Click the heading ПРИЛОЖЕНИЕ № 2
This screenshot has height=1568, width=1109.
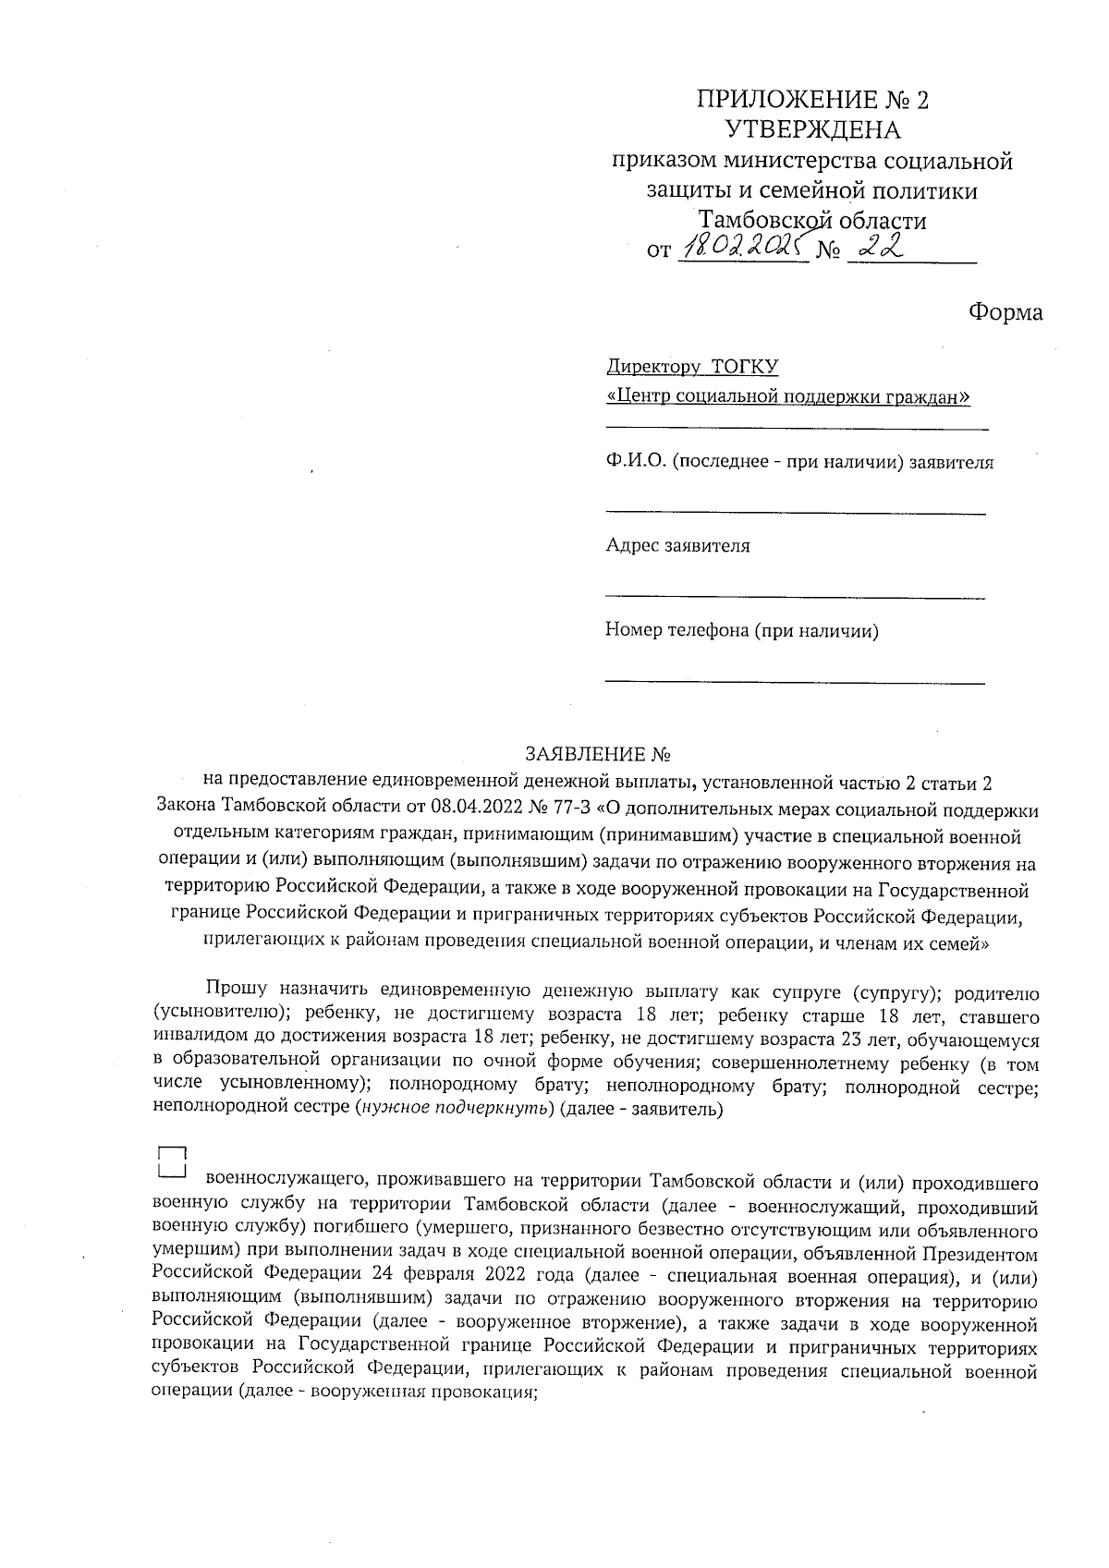pyautogui.click(x=812, y=100)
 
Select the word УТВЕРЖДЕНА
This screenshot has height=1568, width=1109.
pyautogui.click(x=812, y=130)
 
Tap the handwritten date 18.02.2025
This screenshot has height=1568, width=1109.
pyautogui.click(x=742, y=249)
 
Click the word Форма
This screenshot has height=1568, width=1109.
pyautogui.click(x=1005, y=312)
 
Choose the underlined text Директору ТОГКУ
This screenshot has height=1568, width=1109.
pyautogui.click(x=691, y=367)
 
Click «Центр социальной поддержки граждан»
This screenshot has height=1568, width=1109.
pyautogui.click(x=787, y=397)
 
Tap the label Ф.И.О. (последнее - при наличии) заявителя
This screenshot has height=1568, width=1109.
pyautogui.click(x=799, y=462)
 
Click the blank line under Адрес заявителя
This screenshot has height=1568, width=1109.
pyautogui.click(x=795, y=598)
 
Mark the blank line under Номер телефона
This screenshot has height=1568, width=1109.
pyautogui.click(x=795, y=683)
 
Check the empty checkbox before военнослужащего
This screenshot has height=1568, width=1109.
pyautogui.click(x=172, y=1162)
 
